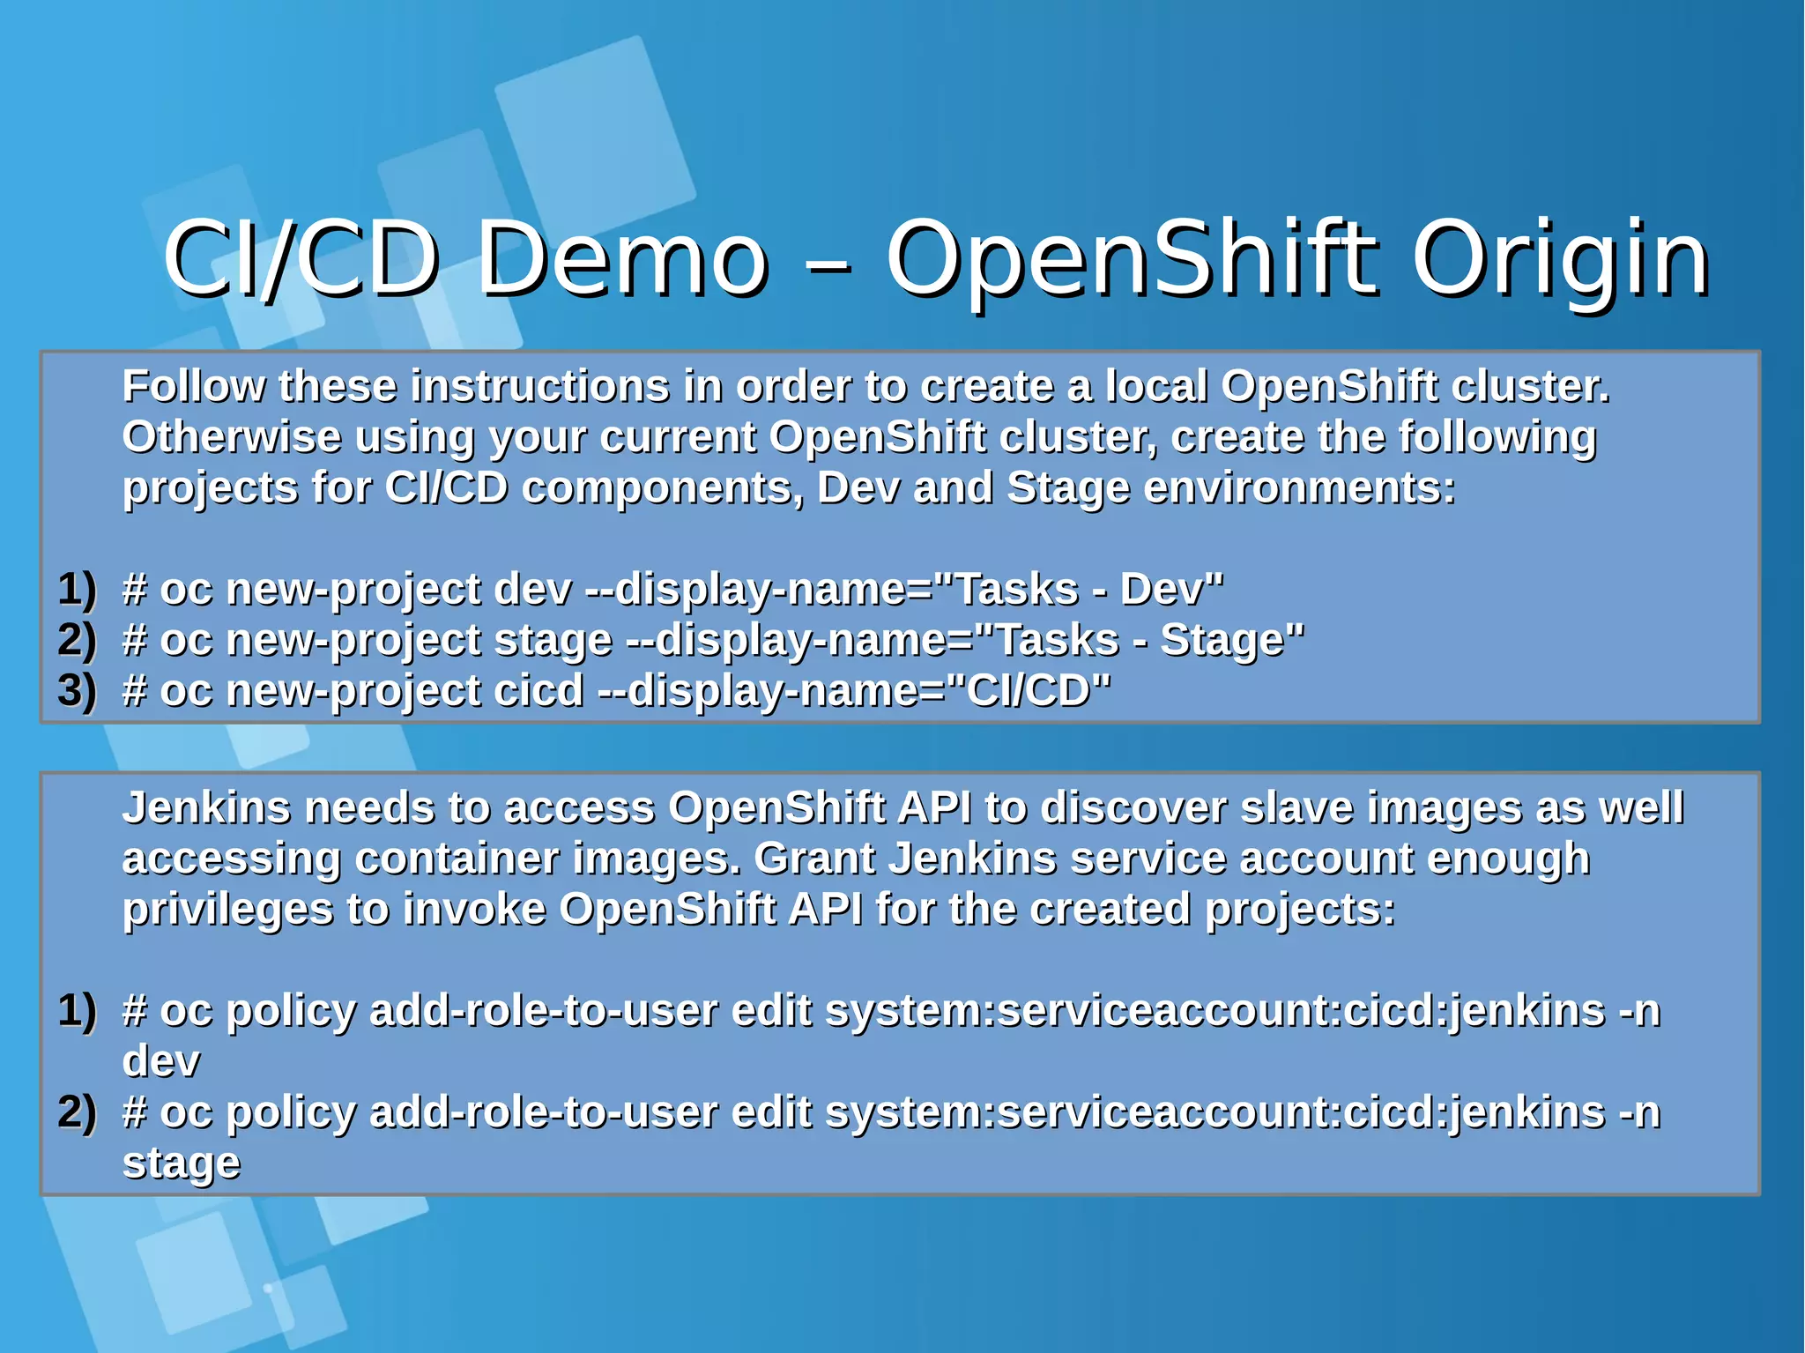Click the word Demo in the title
pyautogui.click(x=621, y=259)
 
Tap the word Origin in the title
pyautogui.click(x=1560, y=259)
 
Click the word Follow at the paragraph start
pyautogui.click(x=193, y=386)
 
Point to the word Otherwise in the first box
pyautogui.click(x=231, y=437)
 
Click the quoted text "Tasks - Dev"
pyautogui.click(x=1079, y=589)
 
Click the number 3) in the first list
pyautogui.click(x=77, y=690)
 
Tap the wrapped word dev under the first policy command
pyautogui.click(x=160, y=1061)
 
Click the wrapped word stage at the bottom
pyautogui.click(x=181, y=1163)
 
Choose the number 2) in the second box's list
pyautogui.click(x=77, y=1112)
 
